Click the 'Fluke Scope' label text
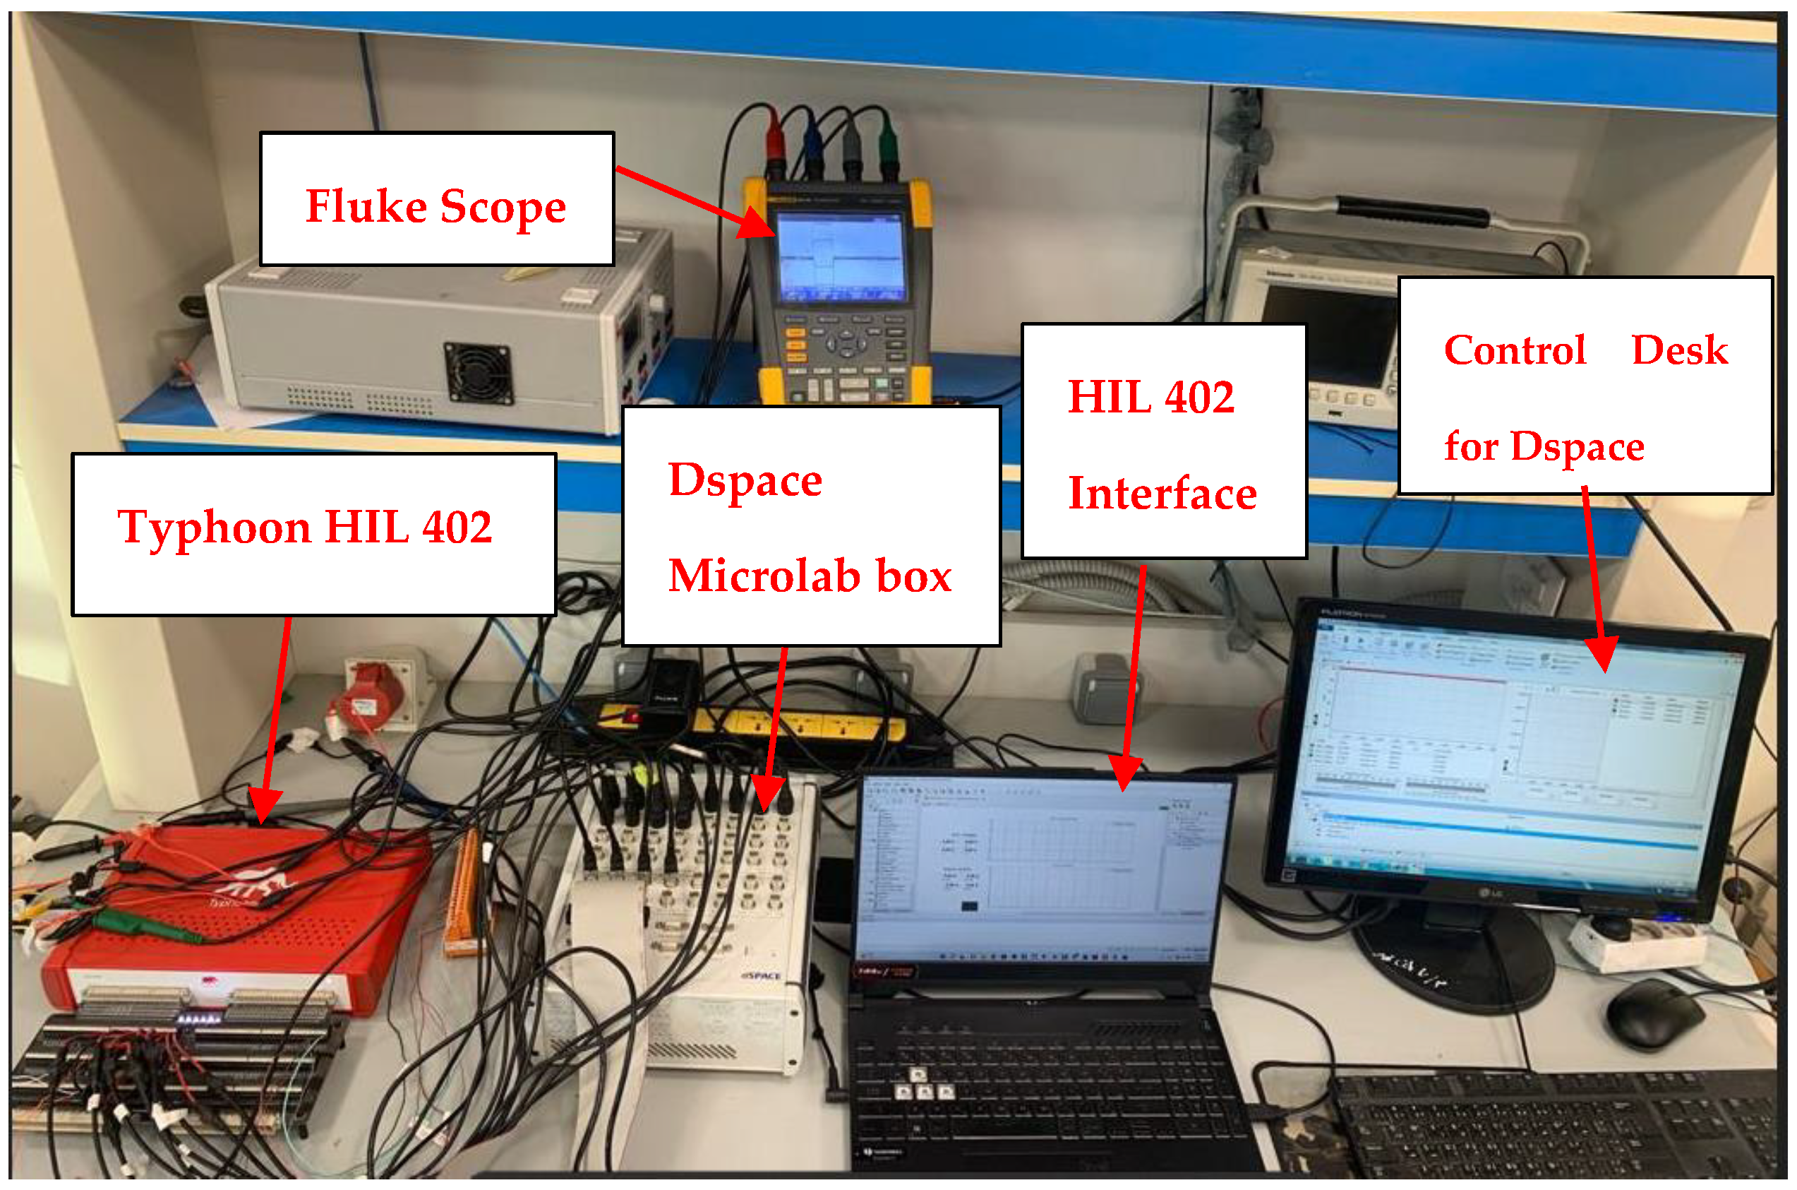pos(435,206)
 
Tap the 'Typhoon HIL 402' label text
pos(305,528)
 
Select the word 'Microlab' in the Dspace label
pos(762,576)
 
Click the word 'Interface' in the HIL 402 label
pos(1162,494)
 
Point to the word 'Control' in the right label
pos(1515,350)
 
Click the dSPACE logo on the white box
pos(760,976)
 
